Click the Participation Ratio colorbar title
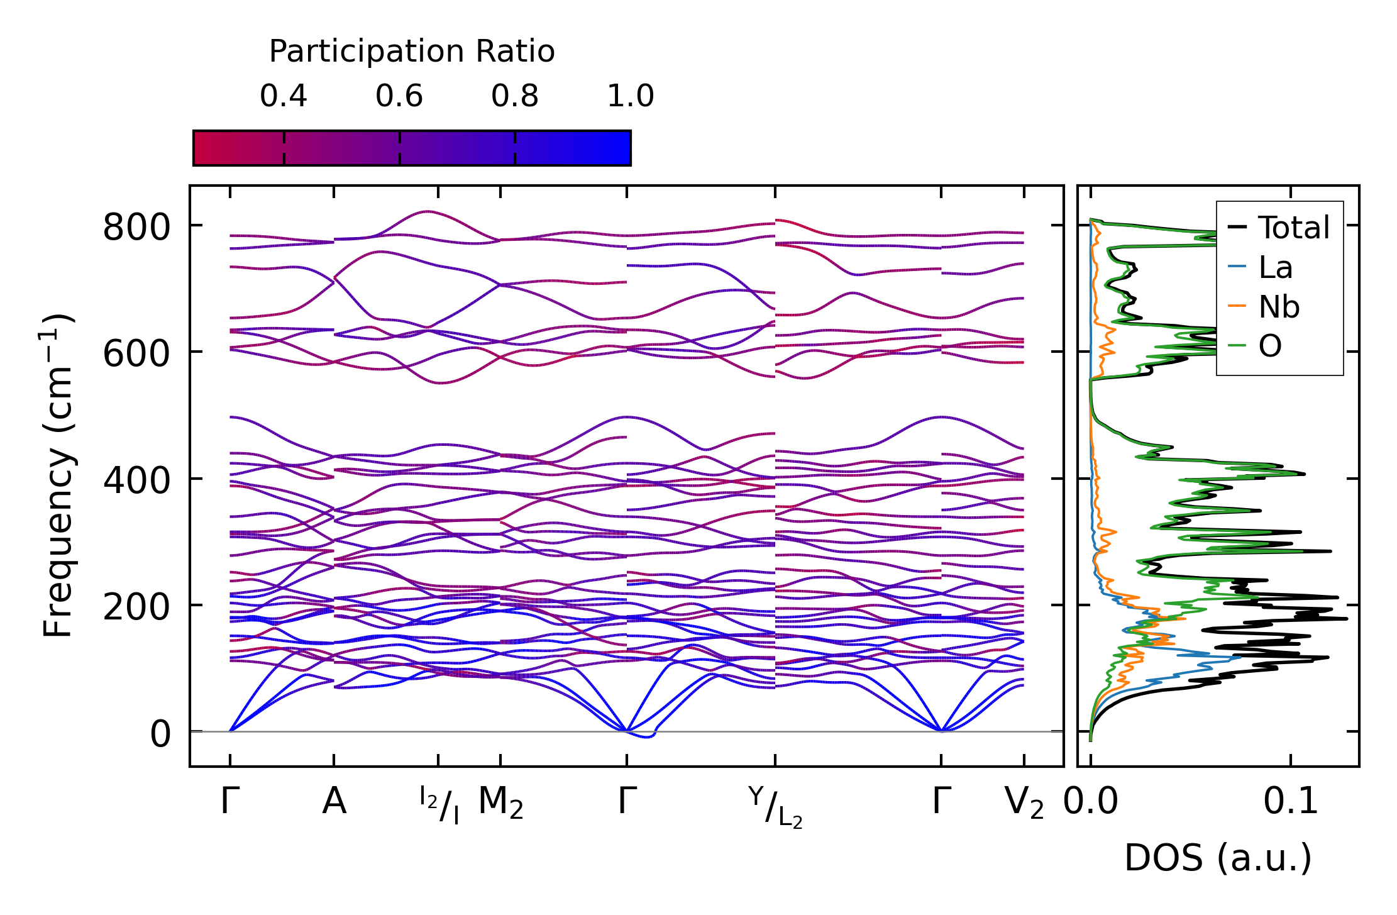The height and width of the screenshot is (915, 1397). click(x=412, y=52)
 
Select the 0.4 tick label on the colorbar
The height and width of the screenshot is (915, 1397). click(x=284, y=96)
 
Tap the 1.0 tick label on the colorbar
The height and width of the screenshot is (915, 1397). click(x=631, y=96)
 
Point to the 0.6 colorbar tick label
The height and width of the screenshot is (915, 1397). click(x=399, y=96)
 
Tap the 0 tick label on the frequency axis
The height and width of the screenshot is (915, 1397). click(x=160, y=734)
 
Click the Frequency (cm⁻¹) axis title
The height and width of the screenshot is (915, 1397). click(x=58, y=475)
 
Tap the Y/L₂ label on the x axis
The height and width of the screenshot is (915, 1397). click(x=775, y=806)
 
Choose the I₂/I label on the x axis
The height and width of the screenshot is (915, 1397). click(x=439, y=805)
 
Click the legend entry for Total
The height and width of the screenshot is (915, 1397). click(x=1293, y=228)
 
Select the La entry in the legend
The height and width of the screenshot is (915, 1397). click(x=1275, y=268)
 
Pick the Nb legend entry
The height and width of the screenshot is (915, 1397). click(x=1279, y=308)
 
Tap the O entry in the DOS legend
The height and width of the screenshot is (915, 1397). click(x=1270, y=347)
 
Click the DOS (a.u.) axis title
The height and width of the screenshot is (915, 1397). click(x=1218, y=858)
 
